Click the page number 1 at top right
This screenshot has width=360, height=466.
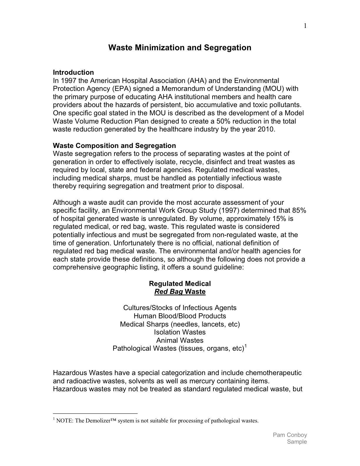click(x=305, y=26)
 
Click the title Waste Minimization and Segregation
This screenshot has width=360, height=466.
click(x=180, y=48)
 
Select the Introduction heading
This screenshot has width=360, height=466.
click(x=73, y=72)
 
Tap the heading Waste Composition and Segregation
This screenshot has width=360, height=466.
click(x=114, y=146)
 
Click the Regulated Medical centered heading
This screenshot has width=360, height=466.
click(x=180, y=284)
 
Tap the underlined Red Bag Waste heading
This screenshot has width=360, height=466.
click(x=180, y=292)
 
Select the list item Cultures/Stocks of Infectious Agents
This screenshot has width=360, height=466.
click(x=180, y=308)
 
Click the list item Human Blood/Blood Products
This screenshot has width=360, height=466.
click(x=180, y=316)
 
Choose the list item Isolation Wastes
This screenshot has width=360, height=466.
click(x=180, y=332)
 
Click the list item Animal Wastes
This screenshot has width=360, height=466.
click(x=180, y=340)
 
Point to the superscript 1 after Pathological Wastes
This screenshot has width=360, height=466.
click(x=246, y=346)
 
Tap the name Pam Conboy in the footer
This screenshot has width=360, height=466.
click(x=290, y=435)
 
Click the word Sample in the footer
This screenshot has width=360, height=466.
click(x=297, y=442)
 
